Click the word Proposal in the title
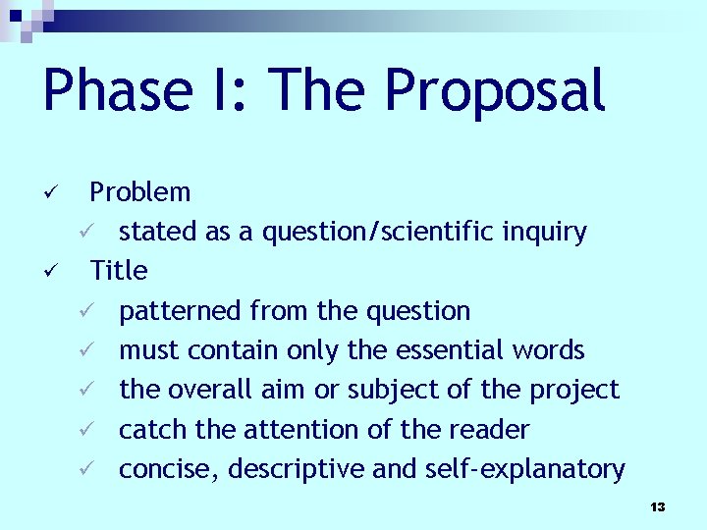(494, 91)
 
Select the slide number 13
(658, 506)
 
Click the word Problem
(140, 192)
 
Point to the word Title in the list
(119, 271)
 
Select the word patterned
(181, 311)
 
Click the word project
(574, 391)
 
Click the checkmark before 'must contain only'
(86, 350)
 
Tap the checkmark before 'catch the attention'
(86, 430)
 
